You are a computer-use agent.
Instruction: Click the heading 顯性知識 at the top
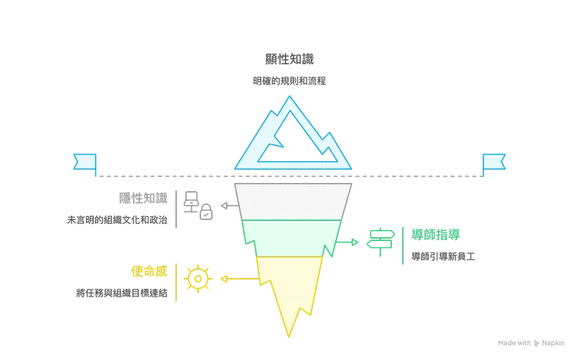[x=289, y=59]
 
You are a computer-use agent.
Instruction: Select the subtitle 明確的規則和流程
[x=289, y=81]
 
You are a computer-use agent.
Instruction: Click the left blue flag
[x=85, y=162]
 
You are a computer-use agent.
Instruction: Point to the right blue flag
[x=494, y=162]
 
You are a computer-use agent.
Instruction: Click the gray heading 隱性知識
[x=143, y=198]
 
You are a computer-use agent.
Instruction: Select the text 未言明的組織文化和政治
[x=117, y=220]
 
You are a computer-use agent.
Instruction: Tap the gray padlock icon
[x=206, y=212]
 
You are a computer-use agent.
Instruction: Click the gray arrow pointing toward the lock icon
[x=230, y=206]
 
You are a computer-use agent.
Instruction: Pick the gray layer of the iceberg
[x=293, y=202]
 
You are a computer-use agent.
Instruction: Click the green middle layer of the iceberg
[x=292, y=237]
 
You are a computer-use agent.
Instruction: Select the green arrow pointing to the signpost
[x=347, y=242]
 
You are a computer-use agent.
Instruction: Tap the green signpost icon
[x=381, y=242]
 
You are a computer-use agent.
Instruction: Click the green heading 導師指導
[x=436, y=235]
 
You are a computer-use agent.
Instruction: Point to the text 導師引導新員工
[x=444, y=257]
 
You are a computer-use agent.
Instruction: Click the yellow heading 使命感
[x=149, y=272]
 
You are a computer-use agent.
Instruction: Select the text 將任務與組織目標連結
[x=122, y=293]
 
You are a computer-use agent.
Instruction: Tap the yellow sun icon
[x=198, y=279]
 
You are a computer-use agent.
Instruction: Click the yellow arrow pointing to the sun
[x=240, y=279]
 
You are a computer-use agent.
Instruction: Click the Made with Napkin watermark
[x=531, y=343]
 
